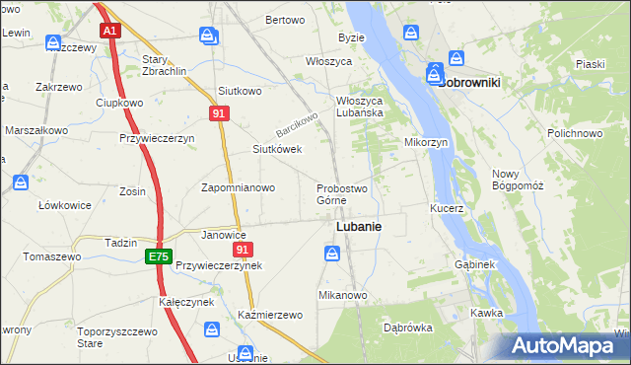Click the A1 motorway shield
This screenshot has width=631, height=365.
tap(110, 31)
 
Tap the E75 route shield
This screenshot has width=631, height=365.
tap(157, 256)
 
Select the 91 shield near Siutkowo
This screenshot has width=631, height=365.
tap(221, 114)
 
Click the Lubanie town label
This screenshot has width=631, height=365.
tap(359, 226)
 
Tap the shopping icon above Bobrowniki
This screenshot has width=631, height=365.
tap(457, 58)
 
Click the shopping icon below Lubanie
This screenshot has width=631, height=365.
tap(333, 255)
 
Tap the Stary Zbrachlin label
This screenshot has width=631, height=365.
tap(165, 66)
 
